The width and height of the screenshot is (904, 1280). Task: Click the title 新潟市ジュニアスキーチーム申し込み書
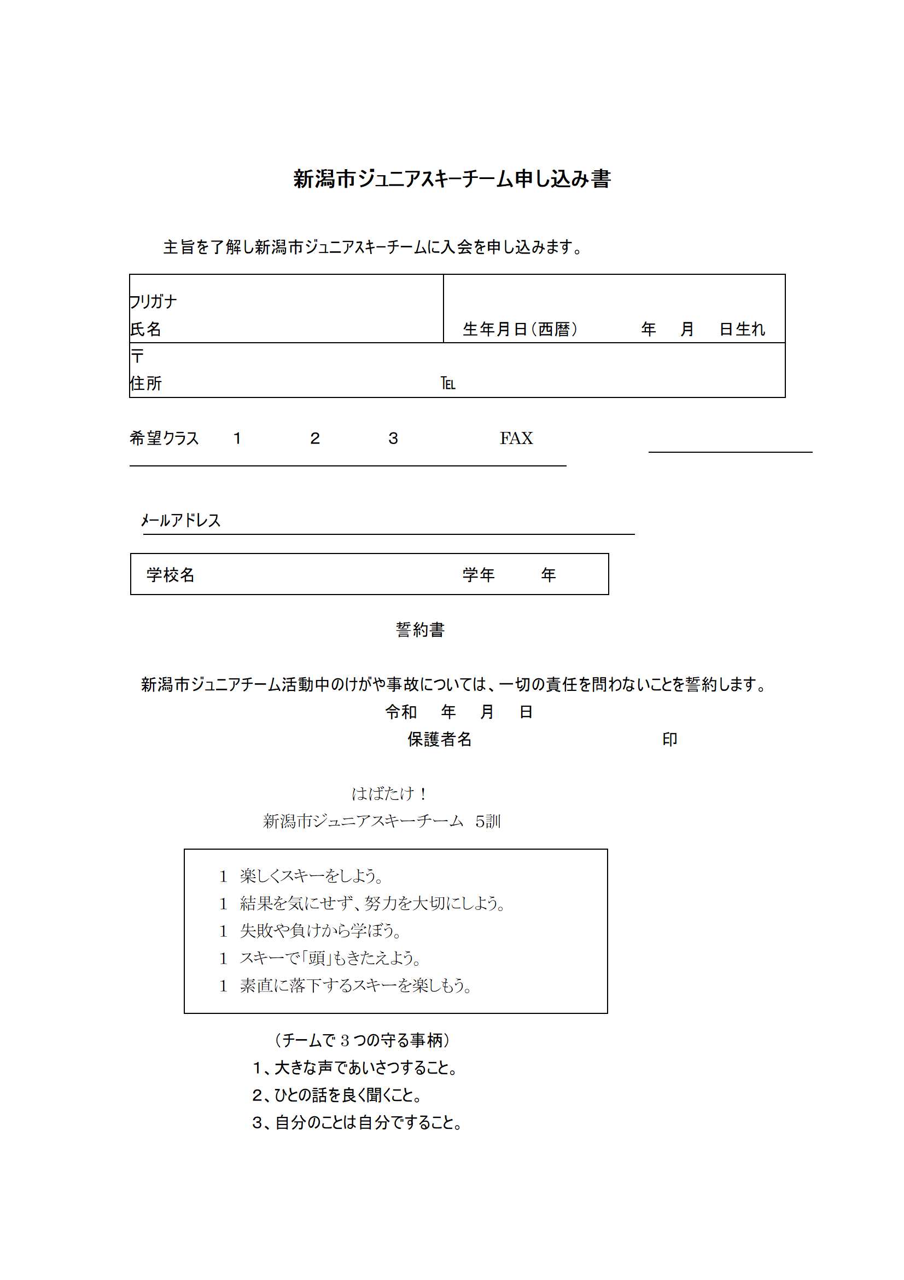click(452, 179)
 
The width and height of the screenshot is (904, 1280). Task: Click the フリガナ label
click(153, 302)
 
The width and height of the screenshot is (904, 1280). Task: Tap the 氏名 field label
click(145, 329)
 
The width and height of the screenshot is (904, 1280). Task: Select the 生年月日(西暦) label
click(520, 329)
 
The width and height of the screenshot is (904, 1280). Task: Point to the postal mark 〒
click(137, 356)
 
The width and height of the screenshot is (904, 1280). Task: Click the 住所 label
click(145, 383)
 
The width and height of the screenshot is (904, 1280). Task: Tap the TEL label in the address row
click(448, 384)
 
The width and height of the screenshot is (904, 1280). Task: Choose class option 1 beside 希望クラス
click(237, 438)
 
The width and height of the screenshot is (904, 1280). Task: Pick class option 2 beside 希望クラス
click(314, 438)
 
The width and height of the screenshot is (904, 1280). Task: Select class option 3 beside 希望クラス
click(393, 438)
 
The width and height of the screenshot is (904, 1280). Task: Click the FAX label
click(516, 438)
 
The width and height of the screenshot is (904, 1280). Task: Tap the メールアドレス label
click(180, 520)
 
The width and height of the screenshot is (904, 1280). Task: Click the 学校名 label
click(171, 574)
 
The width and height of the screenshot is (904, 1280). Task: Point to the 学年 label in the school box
click(479, 574)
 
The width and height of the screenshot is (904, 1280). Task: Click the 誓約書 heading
click(420, 630)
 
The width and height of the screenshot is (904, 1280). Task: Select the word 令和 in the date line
click(401, 711)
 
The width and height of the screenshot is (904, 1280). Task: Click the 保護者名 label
click(440, 739)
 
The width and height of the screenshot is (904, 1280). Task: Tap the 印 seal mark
click(669, 739)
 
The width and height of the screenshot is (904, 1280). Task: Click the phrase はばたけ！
click(389, 793)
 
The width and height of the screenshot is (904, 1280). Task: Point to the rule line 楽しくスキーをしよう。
click(312, 876)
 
